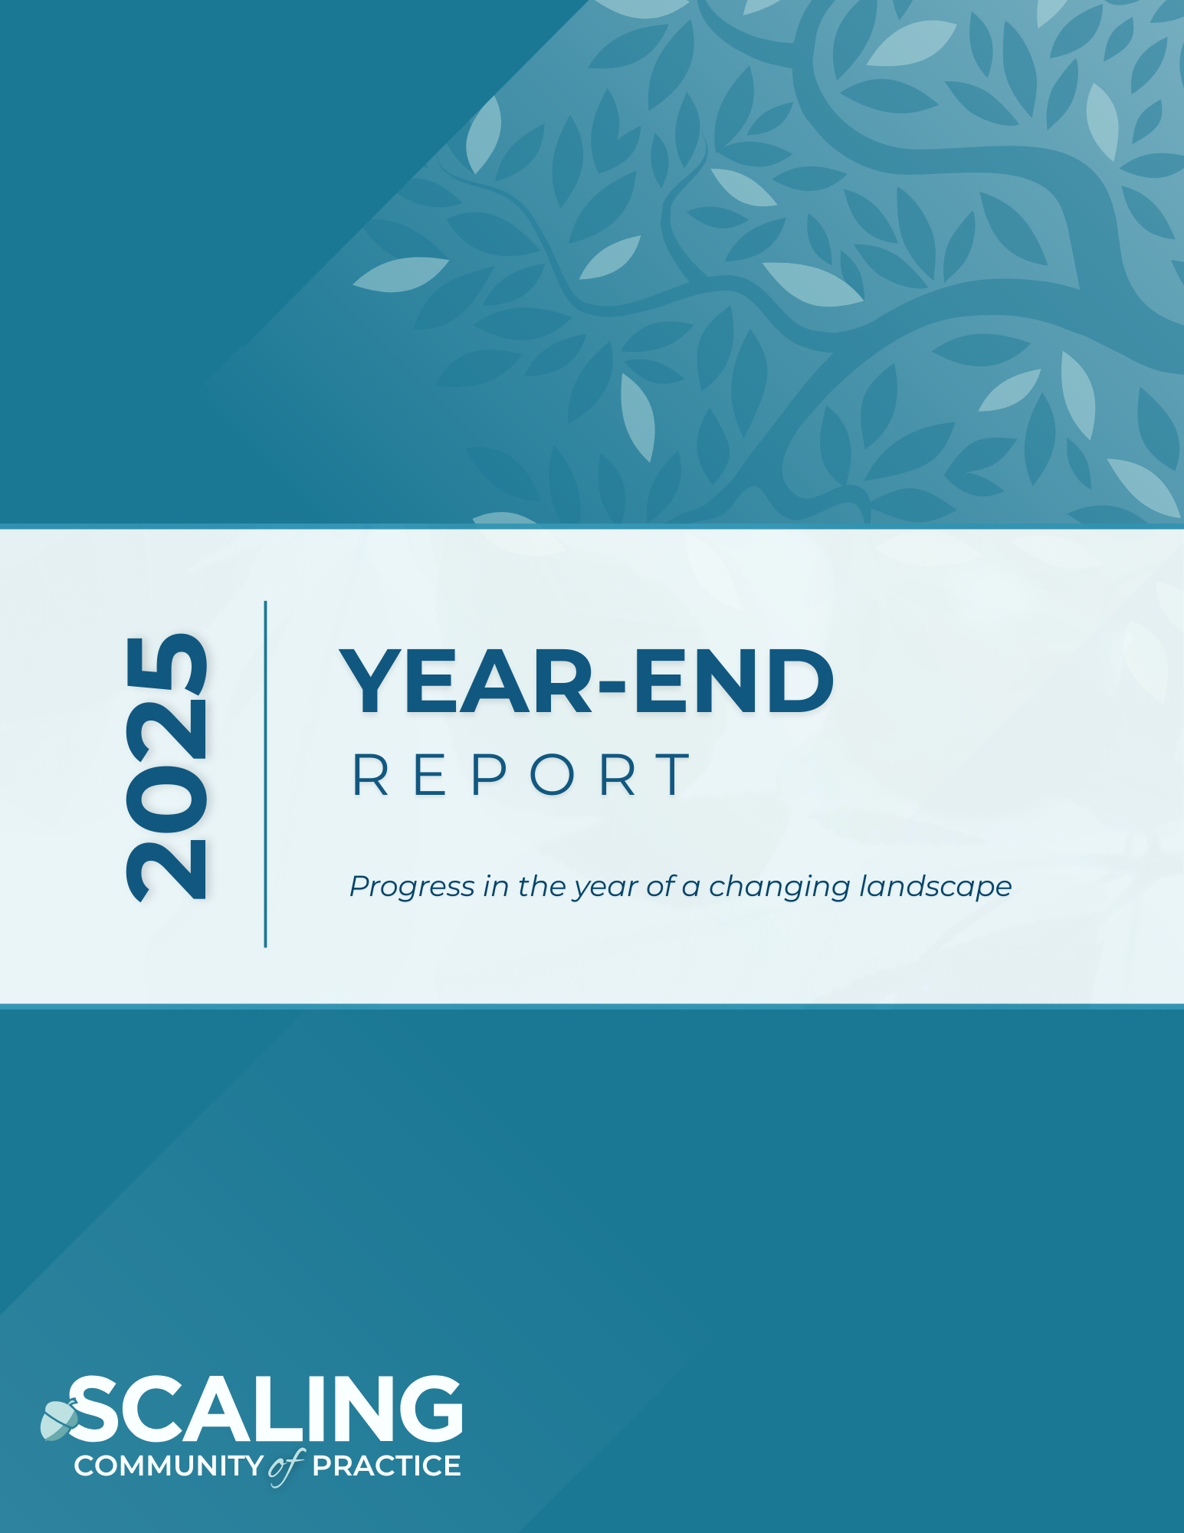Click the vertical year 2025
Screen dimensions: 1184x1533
[x=166, y=766]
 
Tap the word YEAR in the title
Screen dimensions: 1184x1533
[x=466, y=681]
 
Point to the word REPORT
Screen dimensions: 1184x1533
[x=522, y=775]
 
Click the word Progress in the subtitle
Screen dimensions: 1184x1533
[x=412, y=887]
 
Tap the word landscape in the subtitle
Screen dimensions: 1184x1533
[x=936, y=887]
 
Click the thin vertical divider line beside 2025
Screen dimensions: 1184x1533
[x=265, y=774]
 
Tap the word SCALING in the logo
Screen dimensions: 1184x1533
[x=265, y=1409]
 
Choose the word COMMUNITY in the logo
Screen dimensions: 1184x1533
[x=169, y=1466]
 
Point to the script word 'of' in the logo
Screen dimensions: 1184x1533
[x=287, y=1467]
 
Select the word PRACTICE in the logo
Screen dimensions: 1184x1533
[x=386, y=1466]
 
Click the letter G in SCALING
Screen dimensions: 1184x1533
[x=430, y=1409]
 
